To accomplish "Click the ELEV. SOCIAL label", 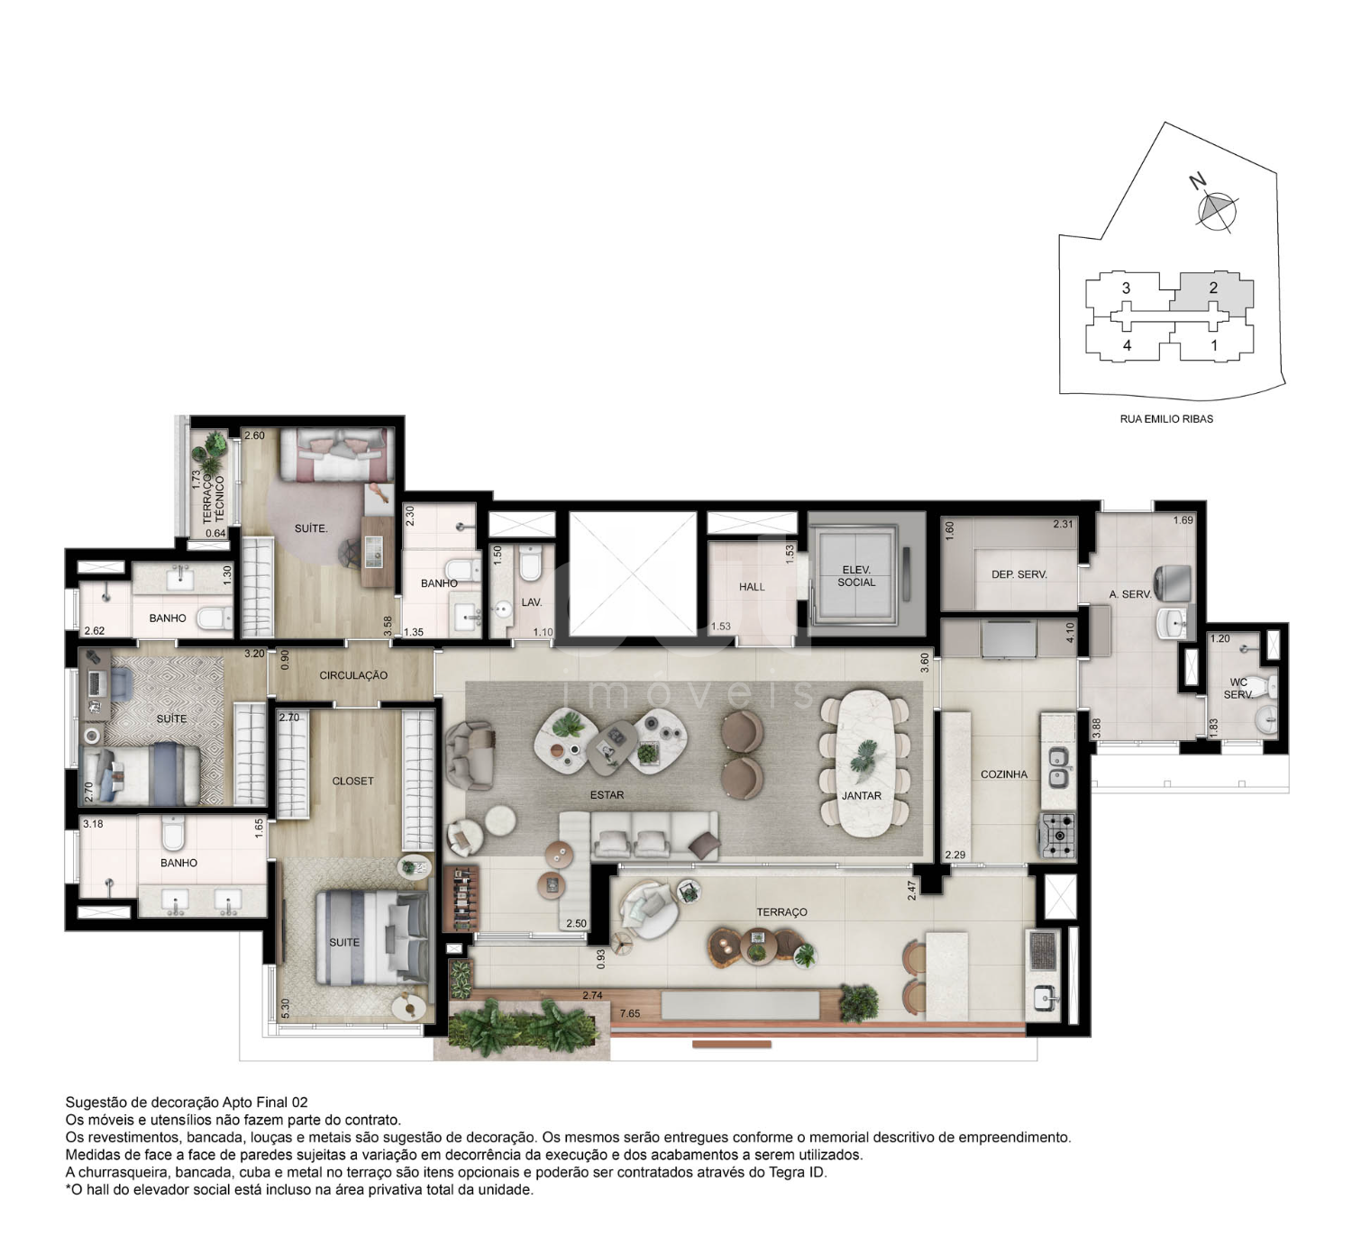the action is pyautogui.click(x=856, y=576).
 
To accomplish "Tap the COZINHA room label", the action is pyautogui.click(x=1003, y=774).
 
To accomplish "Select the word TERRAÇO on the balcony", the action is pyautogui.click(x=781, y=911).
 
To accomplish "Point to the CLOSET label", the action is pyautogui.click(x=352, y=781).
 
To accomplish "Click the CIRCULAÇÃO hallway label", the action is pyautogui.click(x=353, y=675).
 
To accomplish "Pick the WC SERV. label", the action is pyautogui.click(x=1238, y=688).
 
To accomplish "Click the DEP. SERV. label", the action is pyautogui.click(x=1019, y=574).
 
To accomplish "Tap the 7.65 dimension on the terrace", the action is pyautogui.click(x=629, y=1013).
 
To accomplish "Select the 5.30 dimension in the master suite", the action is pyautogui.click(x=285, y=1009).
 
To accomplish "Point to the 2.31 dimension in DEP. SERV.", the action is pyautogui.click(x=1063, y=524).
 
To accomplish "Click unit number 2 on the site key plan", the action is pyautogui.click(x=1213, y=288).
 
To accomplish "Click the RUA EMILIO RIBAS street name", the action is pyautogui.click(x=1166, y=418).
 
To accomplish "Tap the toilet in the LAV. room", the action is pyautogui.click(x=530, y=563).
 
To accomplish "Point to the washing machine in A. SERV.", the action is pyautogui.click(x=1174, y=582).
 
